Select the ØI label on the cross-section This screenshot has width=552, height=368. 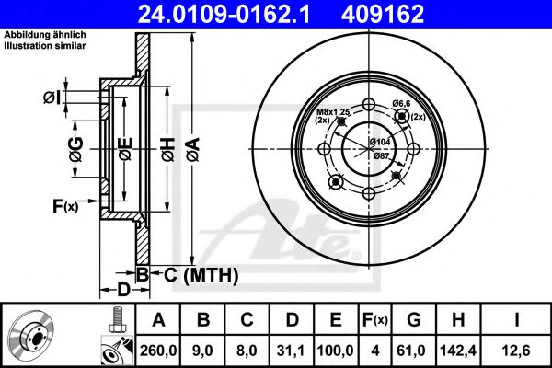(x=52, y=98)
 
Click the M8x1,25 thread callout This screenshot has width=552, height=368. (x=322, y=111)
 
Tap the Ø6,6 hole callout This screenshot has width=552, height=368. (x=399, y=104)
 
